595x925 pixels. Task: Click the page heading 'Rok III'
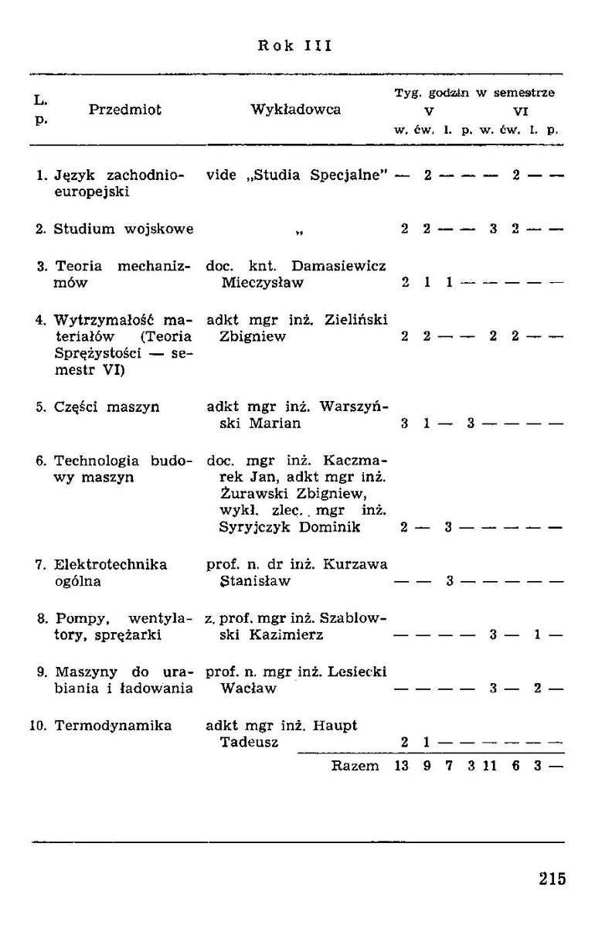[x=294, y=46]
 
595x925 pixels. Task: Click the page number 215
[x=552, y=879]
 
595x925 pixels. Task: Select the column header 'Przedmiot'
[x=125, y=111]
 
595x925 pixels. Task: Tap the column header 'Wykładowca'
[x=296, y=111]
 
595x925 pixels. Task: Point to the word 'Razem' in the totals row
[x=355, y=766]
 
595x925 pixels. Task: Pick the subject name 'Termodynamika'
[x=113, y=726]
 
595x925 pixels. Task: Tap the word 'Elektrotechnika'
[x=111, y=565]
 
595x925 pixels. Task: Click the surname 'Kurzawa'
[x=361, y=565]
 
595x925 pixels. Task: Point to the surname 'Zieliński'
[x=356, y=319]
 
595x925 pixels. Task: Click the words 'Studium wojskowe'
[x=124, y=229]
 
